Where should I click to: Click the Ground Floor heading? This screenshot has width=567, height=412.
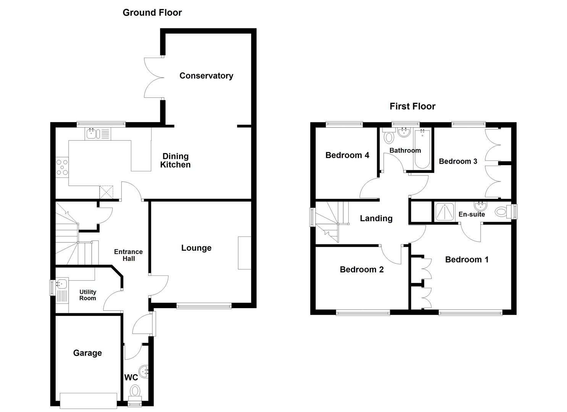tap(152, 13)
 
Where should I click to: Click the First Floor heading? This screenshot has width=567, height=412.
tap(412, 106)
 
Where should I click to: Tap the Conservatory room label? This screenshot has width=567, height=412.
tap(206, 76)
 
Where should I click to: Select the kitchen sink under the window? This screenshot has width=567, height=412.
tap(92, 134)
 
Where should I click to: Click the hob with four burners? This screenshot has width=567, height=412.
tap(62, 167)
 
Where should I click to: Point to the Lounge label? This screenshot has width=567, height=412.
tap(196, 248)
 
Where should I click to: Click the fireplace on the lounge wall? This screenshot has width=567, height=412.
tap(244, 253)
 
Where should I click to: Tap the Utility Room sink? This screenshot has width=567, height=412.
tap(61, 283)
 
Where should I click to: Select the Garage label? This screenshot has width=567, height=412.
tap(87, 353)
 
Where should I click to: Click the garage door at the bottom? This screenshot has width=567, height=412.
tap(89, 400)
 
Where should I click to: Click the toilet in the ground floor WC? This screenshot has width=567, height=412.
tap(135, 391)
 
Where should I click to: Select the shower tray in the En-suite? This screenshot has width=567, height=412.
tap(445, 212)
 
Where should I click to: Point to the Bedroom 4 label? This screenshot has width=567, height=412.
tap(347, 155)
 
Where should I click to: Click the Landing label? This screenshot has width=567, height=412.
tap(376, 218)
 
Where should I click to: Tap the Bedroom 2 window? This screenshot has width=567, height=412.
tap(363, 313)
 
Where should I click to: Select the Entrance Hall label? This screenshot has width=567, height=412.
tap(128, 255)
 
